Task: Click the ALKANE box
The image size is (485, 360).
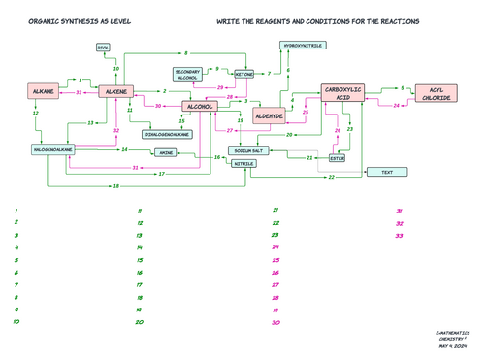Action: click(44, 91)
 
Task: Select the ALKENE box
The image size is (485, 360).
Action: click(113, 91)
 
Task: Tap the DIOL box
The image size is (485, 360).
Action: click(104, 48)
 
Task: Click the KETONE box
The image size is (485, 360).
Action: click(244, 74)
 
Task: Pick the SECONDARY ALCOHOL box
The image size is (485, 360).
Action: click(188, 75)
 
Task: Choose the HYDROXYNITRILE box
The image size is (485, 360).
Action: click(304, 46)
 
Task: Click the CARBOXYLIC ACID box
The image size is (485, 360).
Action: click(348, 93)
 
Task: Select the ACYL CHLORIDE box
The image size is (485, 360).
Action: click(436, 94)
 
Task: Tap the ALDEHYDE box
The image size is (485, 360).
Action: click(269, 115)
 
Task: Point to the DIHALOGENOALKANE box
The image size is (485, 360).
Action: click(167, 134)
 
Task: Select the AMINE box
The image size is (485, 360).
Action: click(166, 152)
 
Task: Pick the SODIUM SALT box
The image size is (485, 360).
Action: click(254, 151)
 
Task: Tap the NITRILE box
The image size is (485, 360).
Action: click(244, 164)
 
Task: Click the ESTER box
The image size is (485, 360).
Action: click(337, 157)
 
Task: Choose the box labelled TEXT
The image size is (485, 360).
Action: click(387, 172)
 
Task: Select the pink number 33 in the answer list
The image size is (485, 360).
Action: click(400, 235)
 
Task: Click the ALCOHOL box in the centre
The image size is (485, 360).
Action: click(198, 106)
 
